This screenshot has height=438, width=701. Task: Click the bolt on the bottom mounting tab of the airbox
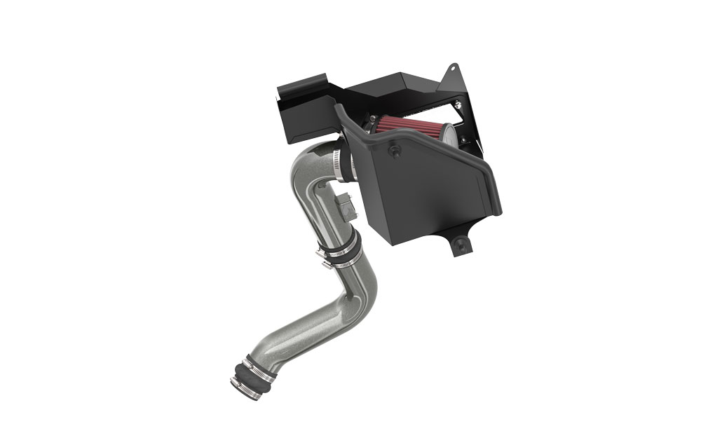pyautogui.click(x=460, y=243)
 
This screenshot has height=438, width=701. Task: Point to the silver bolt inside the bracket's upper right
pyautogui.click(x=458, y=105)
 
